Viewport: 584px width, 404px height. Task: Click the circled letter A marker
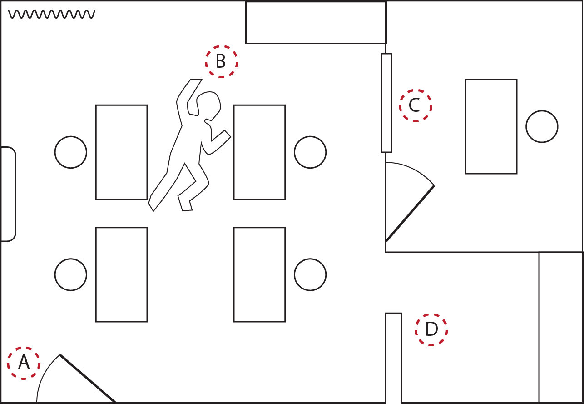coord(24,363)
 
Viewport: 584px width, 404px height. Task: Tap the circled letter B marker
coord(221,61)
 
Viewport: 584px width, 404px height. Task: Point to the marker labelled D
coord(431,329)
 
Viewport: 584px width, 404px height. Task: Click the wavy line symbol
coord(52,15)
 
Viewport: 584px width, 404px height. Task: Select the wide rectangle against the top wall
coord(316,22)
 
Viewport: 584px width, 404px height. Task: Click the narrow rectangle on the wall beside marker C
coord(386,103)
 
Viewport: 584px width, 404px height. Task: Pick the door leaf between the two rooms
coord(410,213)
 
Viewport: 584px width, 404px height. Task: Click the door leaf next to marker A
coord(88,379)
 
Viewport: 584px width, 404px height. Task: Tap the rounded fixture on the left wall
coord(8,194)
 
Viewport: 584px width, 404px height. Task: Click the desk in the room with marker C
coord(491,126)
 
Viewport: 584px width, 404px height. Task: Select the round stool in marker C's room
coord(542,127)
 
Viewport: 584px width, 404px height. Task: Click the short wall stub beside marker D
coord(393,358)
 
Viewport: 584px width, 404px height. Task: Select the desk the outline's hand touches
coord(259,152)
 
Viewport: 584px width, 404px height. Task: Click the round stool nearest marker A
coord(71,274)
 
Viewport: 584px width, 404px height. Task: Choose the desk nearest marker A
coord(122,274)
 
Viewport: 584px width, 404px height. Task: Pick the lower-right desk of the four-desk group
coord(259,274)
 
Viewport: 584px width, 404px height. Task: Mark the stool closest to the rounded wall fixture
coord(71,152)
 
